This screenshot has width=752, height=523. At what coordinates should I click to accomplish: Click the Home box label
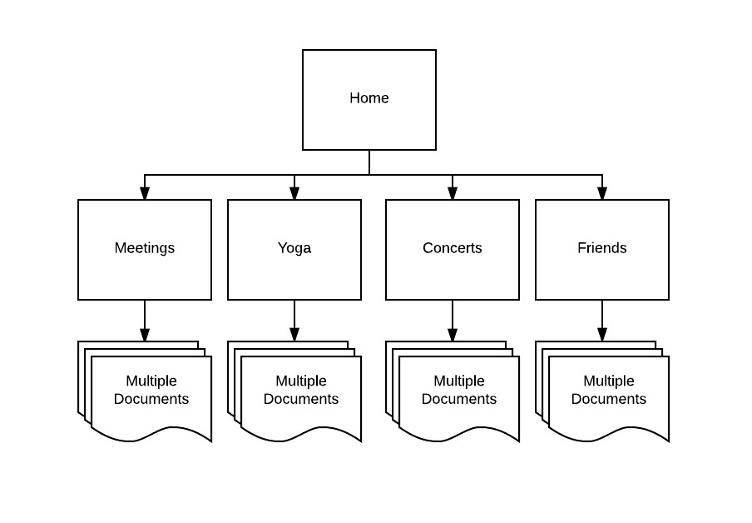[369, 98]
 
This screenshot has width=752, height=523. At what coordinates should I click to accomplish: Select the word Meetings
[145, 248]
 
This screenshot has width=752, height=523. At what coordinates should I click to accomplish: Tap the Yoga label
[294, 248]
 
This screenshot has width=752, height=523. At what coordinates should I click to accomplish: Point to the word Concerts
[453, 248]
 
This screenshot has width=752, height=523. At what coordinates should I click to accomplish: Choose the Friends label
[602, 248]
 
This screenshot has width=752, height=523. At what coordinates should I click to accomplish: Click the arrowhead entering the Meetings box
[145, 193]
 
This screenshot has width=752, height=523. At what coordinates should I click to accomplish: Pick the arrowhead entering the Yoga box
[294, 193]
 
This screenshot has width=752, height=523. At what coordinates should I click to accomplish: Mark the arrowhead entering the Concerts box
[453, 193]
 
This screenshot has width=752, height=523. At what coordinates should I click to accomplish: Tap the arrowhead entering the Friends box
[602, 193]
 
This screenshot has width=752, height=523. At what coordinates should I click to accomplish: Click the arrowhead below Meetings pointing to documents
[145, 335]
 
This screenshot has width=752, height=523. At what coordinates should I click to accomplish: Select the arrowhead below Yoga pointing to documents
[294, 335]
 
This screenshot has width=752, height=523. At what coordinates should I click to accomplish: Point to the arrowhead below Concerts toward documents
[453, 335]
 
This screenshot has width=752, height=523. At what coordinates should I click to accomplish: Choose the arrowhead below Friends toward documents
[602, 335]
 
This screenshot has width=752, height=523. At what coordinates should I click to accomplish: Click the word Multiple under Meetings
[151, 381]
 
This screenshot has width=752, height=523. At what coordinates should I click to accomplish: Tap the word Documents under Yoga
[300, 399]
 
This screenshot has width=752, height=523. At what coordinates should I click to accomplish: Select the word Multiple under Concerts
[459, 381]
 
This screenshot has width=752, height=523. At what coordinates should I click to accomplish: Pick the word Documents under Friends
[609, 399]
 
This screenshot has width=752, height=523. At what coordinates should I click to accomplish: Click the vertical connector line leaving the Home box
[369, 162]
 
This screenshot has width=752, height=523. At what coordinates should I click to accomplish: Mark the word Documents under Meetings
[151, 399]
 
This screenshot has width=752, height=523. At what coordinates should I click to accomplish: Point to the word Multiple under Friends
[609, 381]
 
